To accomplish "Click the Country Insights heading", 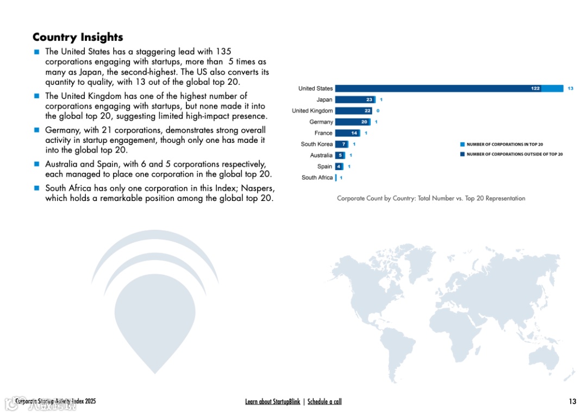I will (78, 37).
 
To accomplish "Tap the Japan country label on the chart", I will (324, 99).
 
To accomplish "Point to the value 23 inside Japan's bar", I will (369, 99).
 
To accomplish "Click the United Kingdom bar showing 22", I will (353, 111).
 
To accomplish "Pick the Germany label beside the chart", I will (321, 122).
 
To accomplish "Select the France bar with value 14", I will (347, 133).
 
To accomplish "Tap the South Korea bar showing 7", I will (341, 144).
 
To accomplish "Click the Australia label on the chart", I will (321, 155).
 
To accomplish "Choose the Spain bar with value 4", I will (339, 166).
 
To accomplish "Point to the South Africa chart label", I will (317, 178).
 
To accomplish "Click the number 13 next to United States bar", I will (570, 89).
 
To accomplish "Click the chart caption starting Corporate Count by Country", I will (431, 198).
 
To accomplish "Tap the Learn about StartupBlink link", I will (272, 401).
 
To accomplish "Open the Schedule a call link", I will (324, 401).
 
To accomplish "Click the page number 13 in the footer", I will (572, 401).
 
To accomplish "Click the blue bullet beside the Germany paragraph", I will (36, 130).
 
